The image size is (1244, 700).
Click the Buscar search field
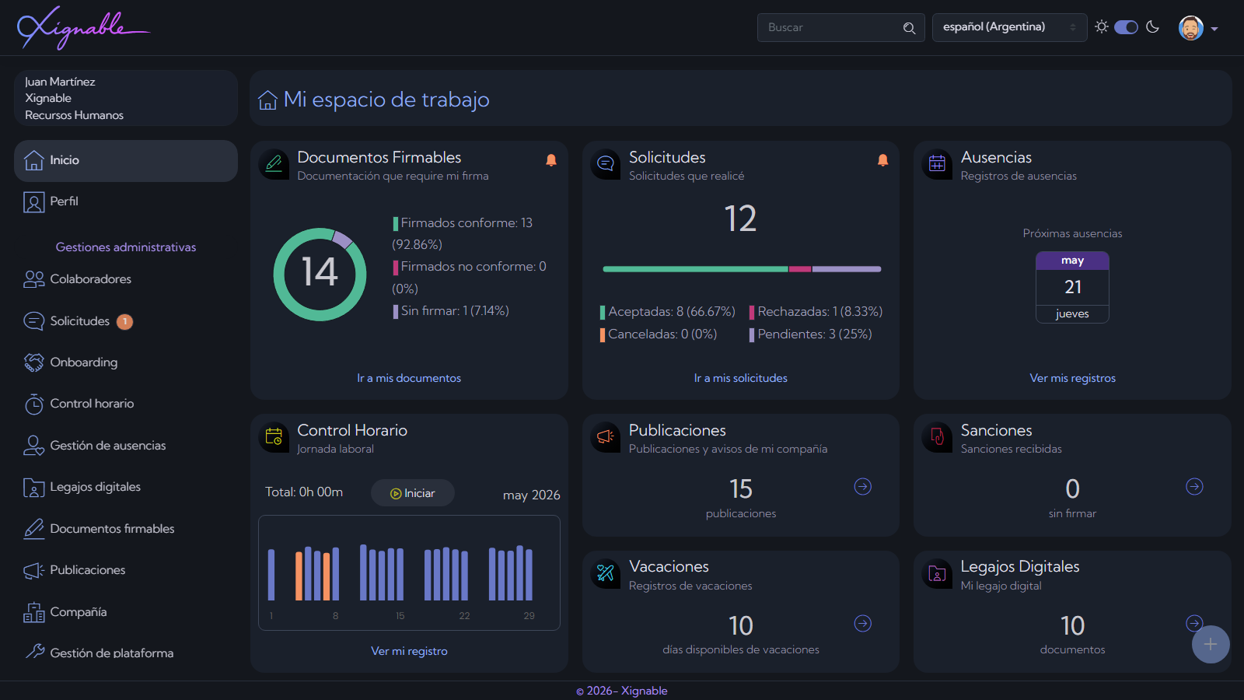[x=840, y=27]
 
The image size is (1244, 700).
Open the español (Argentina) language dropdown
[x=1009, y=27]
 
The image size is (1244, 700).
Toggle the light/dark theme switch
[x=1127, y=27]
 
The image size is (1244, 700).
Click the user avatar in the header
[x=1190, y=28]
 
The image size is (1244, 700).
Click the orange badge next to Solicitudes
[x=124, y=322]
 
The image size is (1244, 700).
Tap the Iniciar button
[x=413, y=493]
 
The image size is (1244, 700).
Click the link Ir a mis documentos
[x=409, y=378]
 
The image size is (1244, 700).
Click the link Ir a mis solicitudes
[x=740, y=378]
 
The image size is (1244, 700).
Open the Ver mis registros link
[x=1072, y=378]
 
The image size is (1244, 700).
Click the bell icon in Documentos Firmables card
[x=551, y=160]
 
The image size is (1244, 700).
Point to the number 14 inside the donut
[x=320, y=272]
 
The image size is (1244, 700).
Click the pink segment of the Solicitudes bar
[x=800, y=269]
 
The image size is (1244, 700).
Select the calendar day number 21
[x=1072, y=287]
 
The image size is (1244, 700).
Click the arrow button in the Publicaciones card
[x=862, y=487]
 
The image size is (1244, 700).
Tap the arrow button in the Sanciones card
[x=1194, y=487]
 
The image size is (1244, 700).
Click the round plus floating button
[x=1211, y=645]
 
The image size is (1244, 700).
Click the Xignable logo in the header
[x=83, y=28]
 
